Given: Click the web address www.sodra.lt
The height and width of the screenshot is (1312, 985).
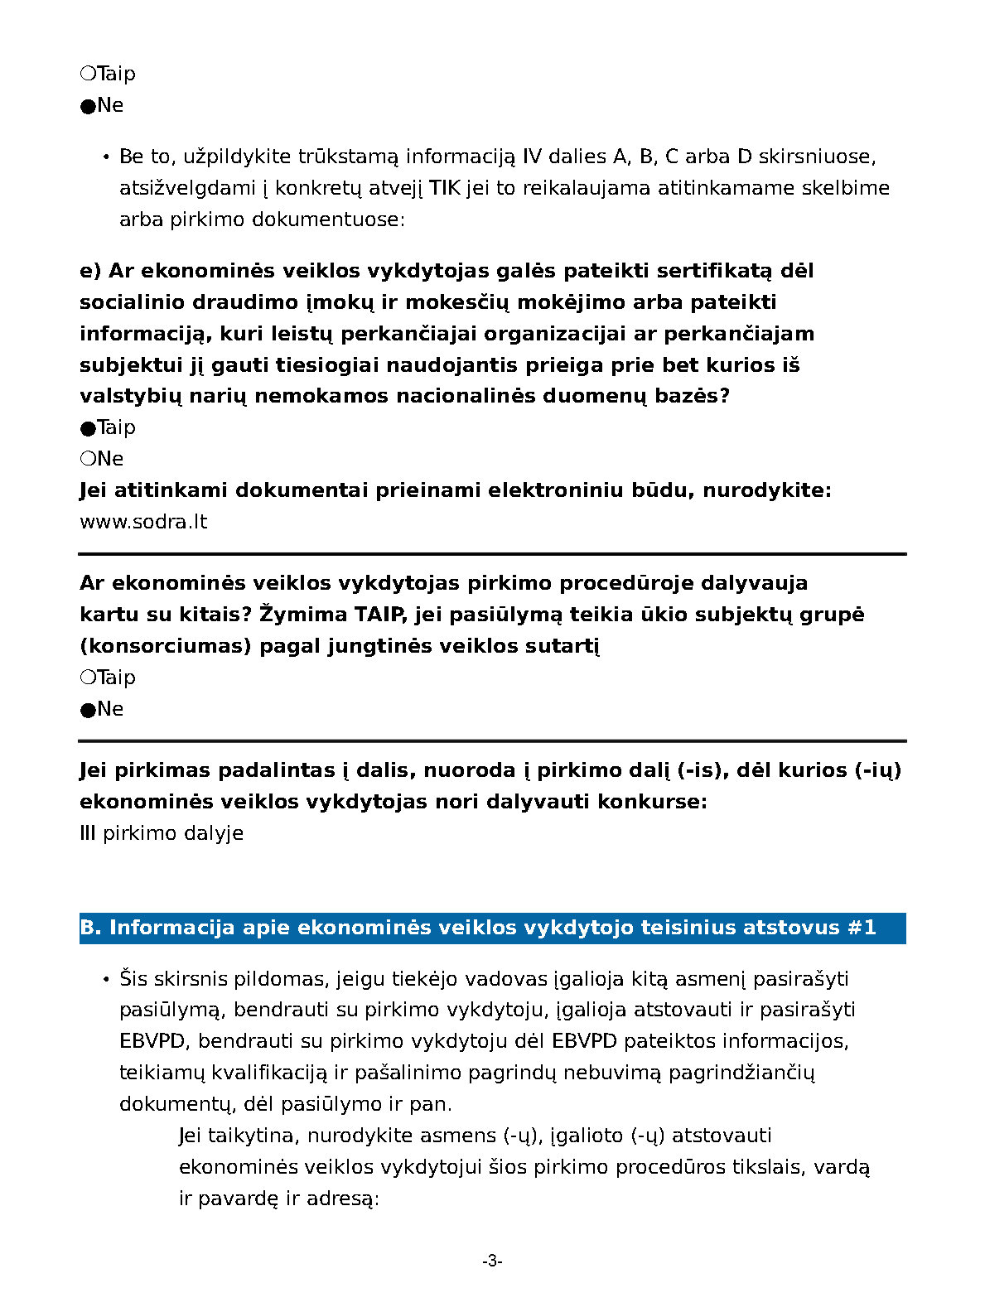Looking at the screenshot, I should [x=143, y=522].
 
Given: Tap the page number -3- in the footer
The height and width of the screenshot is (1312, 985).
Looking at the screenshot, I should [x=492, y=1261].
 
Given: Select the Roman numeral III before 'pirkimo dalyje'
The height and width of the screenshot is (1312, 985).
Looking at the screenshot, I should [x=88, y=833].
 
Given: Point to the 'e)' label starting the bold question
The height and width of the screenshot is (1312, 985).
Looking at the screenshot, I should [x=90, y=271].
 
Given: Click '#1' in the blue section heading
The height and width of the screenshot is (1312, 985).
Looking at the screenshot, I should [x=862, y=928].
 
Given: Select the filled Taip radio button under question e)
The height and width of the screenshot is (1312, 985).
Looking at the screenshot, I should [x=88, y=428].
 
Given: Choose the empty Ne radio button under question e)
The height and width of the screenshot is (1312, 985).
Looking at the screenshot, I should [x=88, y=459].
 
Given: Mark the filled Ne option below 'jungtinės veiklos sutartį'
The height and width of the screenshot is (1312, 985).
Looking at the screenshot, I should [x=88, y=710].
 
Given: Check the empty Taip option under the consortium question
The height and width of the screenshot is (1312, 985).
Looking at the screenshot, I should [x=88, y=678].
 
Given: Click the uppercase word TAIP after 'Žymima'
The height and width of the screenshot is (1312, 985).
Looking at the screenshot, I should [x=380, y=615].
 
